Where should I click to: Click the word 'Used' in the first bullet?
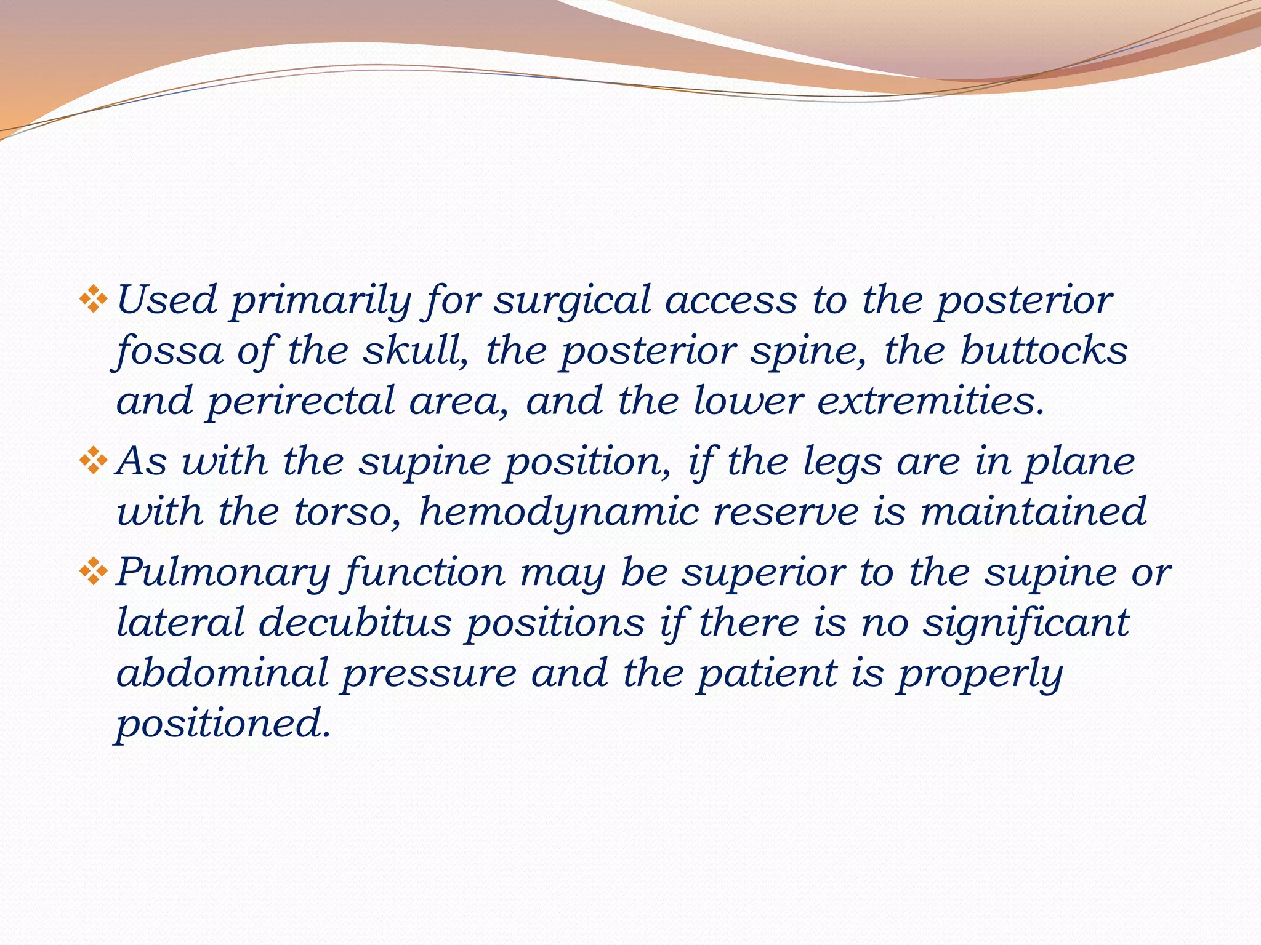(166, 301)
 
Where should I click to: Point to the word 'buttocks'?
(1044, 351)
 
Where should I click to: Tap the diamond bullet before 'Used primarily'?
(94, 300)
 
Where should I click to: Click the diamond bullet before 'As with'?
(94, 461)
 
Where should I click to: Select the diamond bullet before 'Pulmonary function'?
(94, 572)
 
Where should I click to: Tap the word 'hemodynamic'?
(558, 512)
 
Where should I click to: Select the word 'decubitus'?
(355, 623)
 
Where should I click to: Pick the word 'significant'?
(1026, 623)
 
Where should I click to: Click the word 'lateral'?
(180, 623)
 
